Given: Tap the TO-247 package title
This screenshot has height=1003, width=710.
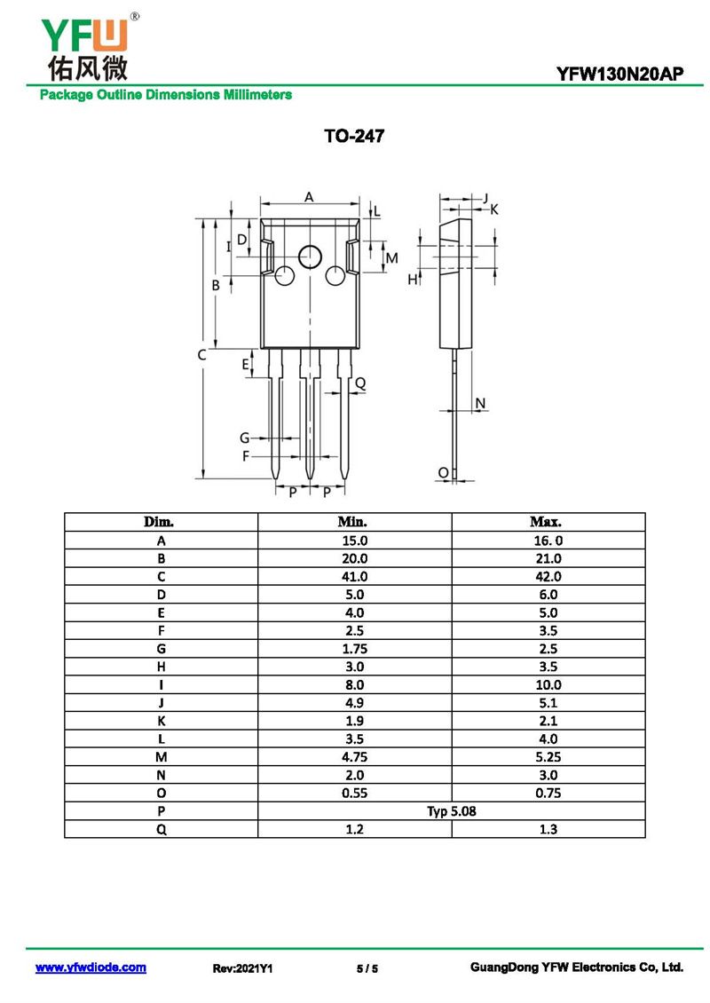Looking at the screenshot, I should click(x=354, y=138).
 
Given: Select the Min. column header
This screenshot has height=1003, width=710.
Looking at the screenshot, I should click(x=353, y=522).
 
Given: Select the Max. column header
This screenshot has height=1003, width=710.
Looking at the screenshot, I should click(x=547, y=522).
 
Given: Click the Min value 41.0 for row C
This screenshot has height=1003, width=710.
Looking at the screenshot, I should click(x=354, y=576).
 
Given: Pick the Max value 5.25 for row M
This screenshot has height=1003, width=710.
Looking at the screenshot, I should click(x=548, y=756).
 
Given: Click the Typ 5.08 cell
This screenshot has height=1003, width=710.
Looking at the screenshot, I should click(x=451, y=810).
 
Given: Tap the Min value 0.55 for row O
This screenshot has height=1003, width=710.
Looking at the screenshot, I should click(x=354, y=793).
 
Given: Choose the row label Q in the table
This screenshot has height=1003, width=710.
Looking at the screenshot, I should click(x=161, y=829).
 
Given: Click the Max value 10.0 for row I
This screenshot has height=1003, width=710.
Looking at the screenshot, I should click(x=548, y=684).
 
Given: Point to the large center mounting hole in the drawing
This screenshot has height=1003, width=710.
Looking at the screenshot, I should click(x=310, y=257).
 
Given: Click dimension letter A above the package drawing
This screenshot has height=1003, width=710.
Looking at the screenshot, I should click(x=309, y=196).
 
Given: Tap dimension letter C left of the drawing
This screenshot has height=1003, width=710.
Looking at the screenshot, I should click(x=201, y=355).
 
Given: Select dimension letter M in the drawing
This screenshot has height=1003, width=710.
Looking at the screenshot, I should click(x=390, y=257).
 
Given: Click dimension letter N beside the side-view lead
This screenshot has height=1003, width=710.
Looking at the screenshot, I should click(x=480, y=404).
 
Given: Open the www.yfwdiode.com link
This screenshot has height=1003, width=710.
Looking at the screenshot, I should click(x=91, y=967).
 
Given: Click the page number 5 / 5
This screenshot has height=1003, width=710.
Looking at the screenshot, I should click(x=367, y=968).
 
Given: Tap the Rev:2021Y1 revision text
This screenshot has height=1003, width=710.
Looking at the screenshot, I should click(x=242, y=968).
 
